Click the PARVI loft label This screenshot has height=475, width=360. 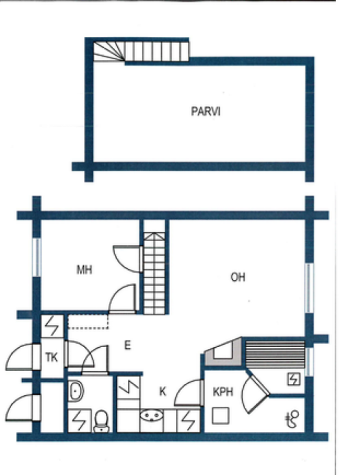(x=206, y=112)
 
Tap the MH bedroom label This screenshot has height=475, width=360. (x=84, y=270)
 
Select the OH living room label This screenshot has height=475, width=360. (x=237, y=277)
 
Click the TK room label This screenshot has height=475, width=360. (x=52, y=357)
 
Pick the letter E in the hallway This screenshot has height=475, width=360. (x=127, y=345)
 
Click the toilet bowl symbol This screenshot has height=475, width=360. (x=101, y=420)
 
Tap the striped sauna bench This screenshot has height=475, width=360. (x=274, y=352)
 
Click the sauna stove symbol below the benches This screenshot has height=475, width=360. (x=293, y=379)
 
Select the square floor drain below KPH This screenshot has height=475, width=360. (x=220, y=415)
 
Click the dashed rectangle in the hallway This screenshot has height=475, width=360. (x=89, y=321)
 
